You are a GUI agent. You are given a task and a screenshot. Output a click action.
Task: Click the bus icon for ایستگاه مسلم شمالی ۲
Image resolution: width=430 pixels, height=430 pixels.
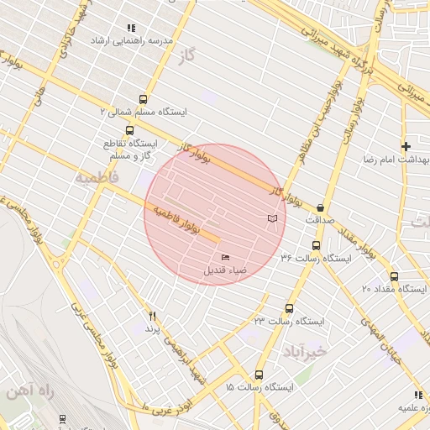[143, 99]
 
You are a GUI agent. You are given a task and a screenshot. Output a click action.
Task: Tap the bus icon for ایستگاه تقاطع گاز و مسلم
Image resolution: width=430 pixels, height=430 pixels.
[129, 130]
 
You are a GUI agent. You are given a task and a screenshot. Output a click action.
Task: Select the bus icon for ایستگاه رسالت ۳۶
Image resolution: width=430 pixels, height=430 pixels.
[316, 245]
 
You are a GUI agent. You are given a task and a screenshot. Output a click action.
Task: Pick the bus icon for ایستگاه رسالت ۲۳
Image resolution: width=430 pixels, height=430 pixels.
[290, 308]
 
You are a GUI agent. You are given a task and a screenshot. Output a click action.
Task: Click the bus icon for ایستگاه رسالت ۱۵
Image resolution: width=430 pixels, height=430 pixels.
[258, 375]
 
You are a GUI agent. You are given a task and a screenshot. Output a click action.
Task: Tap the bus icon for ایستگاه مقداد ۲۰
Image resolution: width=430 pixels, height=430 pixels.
[394, 276]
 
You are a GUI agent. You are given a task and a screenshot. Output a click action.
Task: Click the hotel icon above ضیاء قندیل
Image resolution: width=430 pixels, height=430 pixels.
[225, 258]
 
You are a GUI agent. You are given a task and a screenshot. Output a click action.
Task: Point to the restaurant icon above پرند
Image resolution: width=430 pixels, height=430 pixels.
[152, 317]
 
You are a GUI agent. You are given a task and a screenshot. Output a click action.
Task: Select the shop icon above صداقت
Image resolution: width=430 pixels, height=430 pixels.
[320, 207]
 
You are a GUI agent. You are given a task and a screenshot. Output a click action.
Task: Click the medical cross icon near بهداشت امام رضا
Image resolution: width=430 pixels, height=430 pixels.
[406, 146]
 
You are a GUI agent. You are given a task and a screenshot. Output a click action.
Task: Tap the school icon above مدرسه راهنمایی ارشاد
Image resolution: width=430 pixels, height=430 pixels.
[130, 28]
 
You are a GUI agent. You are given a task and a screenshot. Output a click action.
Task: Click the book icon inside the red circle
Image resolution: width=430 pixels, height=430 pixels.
[271, 218]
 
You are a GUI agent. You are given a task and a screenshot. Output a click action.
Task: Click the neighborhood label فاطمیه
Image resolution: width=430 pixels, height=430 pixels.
[97, 179]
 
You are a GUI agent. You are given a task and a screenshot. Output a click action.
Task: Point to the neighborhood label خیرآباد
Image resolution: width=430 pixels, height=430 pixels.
[303, 349]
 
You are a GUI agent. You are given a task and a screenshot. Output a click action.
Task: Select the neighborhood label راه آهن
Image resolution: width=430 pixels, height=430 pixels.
[29, 392]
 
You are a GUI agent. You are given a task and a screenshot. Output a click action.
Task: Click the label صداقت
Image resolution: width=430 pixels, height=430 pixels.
[320, 220]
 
